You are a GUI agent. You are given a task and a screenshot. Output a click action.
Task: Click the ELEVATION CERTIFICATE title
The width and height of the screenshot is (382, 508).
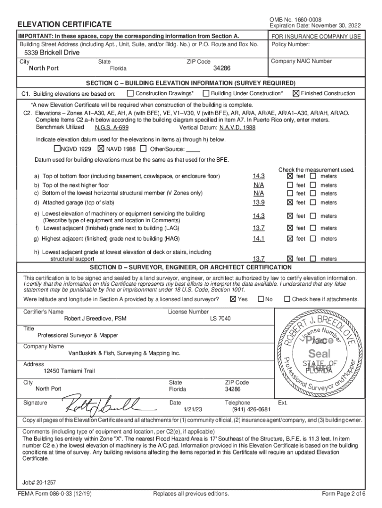coord(64,24)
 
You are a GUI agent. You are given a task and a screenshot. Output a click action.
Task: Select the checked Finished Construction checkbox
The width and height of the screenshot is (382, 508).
coord(296,93)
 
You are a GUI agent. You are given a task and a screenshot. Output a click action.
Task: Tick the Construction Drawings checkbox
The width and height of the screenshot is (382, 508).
coord(130,93)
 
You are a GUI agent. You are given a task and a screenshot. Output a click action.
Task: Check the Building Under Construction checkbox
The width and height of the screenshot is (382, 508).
coord(206,93)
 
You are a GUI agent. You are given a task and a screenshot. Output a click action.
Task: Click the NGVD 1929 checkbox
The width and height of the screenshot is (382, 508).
coord(57,149)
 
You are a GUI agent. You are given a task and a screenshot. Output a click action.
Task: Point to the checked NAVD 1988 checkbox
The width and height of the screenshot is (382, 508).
coord(101,149)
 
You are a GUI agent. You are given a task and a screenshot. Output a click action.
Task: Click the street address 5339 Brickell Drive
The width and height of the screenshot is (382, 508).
coord(52,53)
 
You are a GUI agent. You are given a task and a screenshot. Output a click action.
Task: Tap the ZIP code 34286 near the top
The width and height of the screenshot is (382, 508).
coord(222,68)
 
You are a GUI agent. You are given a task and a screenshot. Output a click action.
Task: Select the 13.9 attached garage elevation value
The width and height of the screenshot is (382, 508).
coord(258,202)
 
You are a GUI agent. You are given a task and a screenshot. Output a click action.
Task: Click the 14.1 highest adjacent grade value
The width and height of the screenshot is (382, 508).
coord(258,239)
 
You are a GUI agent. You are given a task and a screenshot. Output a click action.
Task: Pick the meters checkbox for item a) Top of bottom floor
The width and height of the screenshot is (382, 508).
coord(314,176)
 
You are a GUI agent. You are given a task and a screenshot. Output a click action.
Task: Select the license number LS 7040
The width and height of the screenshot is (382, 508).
coord(220,318)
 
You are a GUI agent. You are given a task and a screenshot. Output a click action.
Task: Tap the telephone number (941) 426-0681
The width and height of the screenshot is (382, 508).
coord(251,410)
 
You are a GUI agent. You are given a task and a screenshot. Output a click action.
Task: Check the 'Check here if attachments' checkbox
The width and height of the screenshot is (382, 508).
coord(286,299)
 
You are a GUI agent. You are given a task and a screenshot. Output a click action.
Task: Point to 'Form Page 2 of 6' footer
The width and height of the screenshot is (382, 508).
coord(343,494)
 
